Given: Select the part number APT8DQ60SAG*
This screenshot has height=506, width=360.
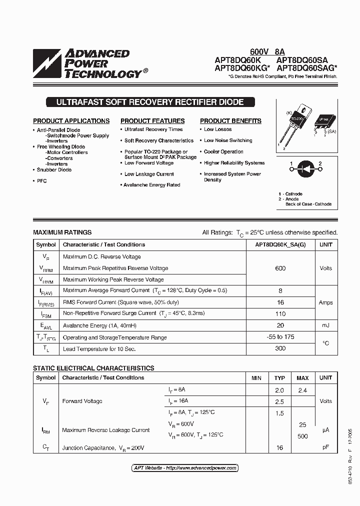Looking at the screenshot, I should [306, 68].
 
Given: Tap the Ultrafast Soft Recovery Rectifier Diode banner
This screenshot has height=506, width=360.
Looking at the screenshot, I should [150, 102].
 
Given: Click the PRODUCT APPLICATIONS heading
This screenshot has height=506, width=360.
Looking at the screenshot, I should [71, 121].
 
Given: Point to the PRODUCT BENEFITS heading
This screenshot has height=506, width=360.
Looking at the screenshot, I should [230, 121].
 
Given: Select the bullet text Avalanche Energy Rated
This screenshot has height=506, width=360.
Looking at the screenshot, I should [152, 185].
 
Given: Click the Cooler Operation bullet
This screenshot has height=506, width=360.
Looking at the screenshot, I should [223, 151].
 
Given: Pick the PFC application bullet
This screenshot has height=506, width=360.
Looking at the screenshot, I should [41, 181].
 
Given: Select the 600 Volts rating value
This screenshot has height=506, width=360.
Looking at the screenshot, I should [280, 268].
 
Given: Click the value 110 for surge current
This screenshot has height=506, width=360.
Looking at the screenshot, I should [280, 314].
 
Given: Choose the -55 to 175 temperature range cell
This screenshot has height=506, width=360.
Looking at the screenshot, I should [280, 337].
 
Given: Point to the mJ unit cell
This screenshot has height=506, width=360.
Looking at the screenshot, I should [325, 325].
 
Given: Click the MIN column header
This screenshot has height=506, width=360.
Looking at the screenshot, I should [256, 378].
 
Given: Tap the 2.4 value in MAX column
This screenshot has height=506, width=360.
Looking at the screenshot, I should [302, 390].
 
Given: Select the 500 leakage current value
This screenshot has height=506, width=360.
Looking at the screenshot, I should [302, 436].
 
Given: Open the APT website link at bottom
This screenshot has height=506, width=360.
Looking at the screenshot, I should [185, 468].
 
